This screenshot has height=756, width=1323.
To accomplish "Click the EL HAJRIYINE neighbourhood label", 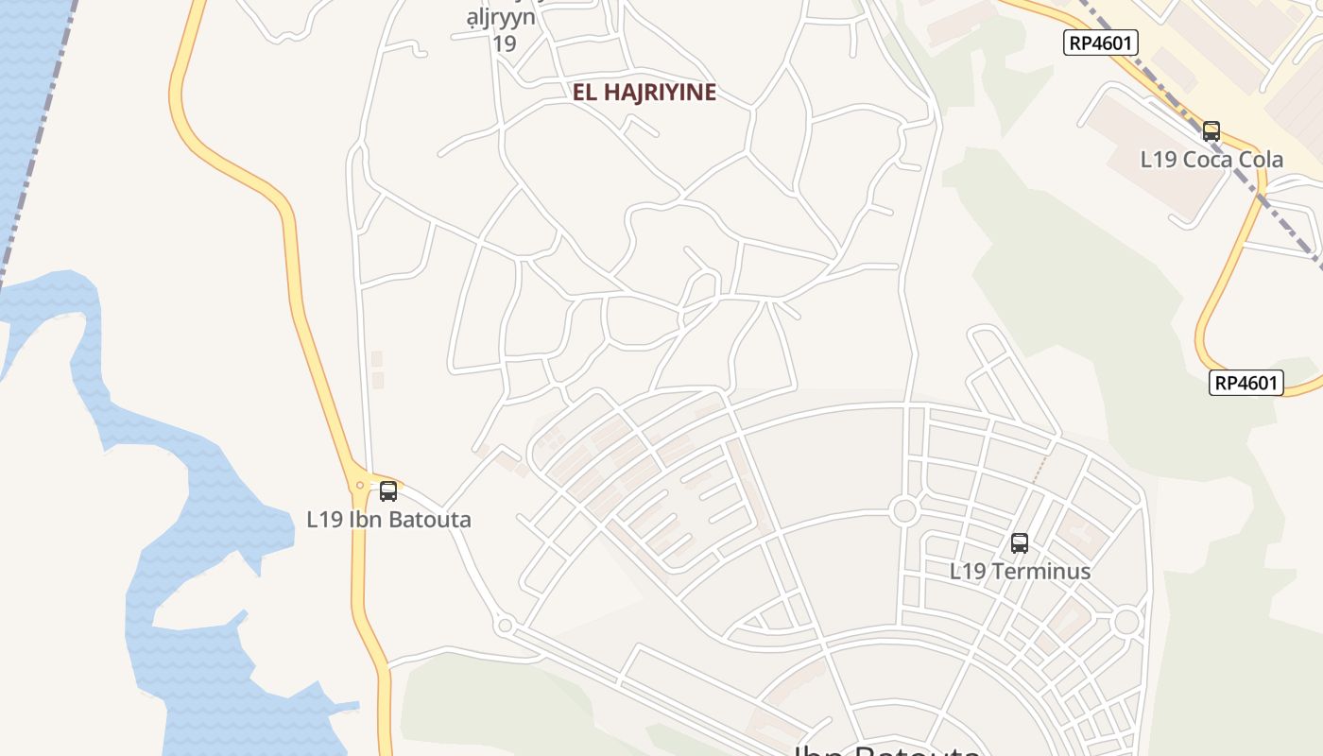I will coord(644,93).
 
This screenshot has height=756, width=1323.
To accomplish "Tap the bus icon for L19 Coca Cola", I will coord(1211,131).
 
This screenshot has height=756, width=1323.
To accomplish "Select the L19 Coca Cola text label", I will coord(1211,159).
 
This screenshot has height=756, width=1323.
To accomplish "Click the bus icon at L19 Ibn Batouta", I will coord(388,491).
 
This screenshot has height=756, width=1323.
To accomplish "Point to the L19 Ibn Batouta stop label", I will coord(388,519).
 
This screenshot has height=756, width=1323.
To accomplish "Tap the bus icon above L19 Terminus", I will coord(1020,543).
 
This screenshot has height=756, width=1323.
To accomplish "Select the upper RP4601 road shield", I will coord(1100,43).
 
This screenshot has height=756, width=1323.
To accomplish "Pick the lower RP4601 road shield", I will coord(1246,383).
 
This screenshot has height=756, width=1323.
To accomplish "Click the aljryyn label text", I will coord(503,18).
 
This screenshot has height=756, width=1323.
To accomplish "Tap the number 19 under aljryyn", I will coord(505,43).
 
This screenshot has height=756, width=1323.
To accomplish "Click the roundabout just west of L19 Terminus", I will coord(904,511).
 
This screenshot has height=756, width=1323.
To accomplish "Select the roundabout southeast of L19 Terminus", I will coord(1126,622).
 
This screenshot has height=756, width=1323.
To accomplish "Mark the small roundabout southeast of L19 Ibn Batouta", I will coord(505,626).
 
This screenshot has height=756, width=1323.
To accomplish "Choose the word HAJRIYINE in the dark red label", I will coord(665,93).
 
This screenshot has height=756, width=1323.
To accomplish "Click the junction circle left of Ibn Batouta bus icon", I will coord(359,486).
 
